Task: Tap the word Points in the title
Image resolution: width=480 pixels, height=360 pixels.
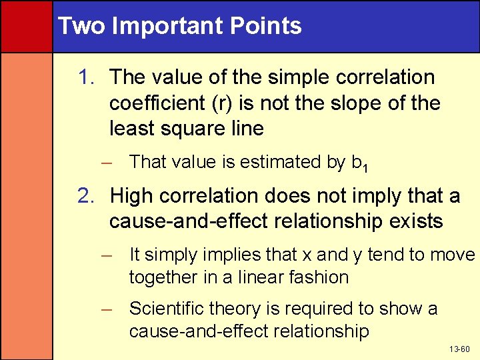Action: (x=274, y=26)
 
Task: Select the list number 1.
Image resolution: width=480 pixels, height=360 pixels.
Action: (x=86, y=77)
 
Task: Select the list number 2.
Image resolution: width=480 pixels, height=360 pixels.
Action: (x=86, y=196)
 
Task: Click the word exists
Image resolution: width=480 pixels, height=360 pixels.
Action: (x=414, y=221)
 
